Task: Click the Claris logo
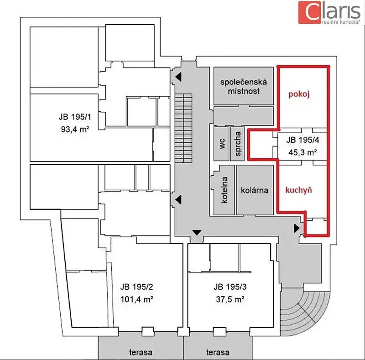329,12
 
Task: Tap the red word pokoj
299,94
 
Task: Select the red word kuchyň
299,190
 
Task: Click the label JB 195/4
302,140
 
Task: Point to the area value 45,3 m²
302,152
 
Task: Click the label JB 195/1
75,117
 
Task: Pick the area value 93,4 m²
75,129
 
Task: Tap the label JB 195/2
136,287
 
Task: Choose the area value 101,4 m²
136,299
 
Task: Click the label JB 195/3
230,287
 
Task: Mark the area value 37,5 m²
230,299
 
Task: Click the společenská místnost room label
244,86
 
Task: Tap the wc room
222,144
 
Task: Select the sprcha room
238,144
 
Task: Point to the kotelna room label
224,190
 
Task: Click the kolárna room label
255,190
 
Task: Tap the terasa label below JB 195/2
141,352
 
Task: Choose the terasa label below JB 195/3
218,352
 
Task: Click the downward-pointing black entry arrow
197,232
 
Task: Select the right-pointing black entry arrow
297,228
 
